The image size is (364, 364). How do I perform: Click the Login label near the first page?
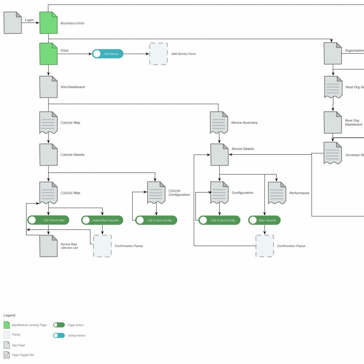(x=29, y=20)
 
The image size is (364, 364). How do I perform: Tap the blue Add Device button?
(x=108, y=54)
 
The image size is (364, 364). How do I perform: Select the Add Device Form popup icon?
(x=158, y=54)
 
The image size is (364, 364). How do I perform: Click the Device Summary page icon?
(x=219, y=122)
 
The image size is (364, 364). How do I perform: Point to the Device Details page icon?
(x=219, y=155)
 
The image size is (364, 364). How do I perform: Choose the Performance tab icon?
(x=277, y=193)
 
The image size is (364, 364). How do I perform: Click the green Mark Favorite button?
(x=264, y=220)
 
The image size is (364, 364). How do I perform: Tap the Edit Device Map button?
(x=48, y=220)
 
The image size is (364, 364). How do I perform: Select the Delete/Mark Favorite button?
(x=102, y=220)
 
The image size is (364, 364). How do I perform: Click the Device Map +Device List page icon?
(x=49, y=246)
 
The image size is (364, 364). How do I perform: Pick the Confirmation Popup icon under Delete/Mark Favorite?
(x=102, y=246)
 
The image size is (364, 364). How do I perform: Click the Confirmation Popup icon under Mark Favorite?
(x=265, y=246)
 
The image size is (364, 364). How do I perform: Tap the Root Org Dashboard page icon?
(x=333, y=122)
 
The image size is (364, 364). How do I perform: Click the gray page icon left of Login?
(x=13, y=23)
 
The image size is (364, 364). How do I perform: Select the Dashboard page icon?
(x=49, y=87)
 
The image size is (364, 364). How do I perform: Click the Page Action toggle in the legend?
(x=59, y=325)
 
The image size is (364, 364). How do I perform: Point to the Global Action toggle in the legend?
(x=59, y=335)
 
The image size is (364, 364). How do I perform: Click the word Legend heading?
(x=9, y=315)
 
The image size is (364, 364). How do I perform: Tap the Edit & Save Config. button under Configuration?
(x=219, y=220)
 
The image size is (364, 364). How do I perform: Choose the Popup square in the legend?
(x=7, y=335)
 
